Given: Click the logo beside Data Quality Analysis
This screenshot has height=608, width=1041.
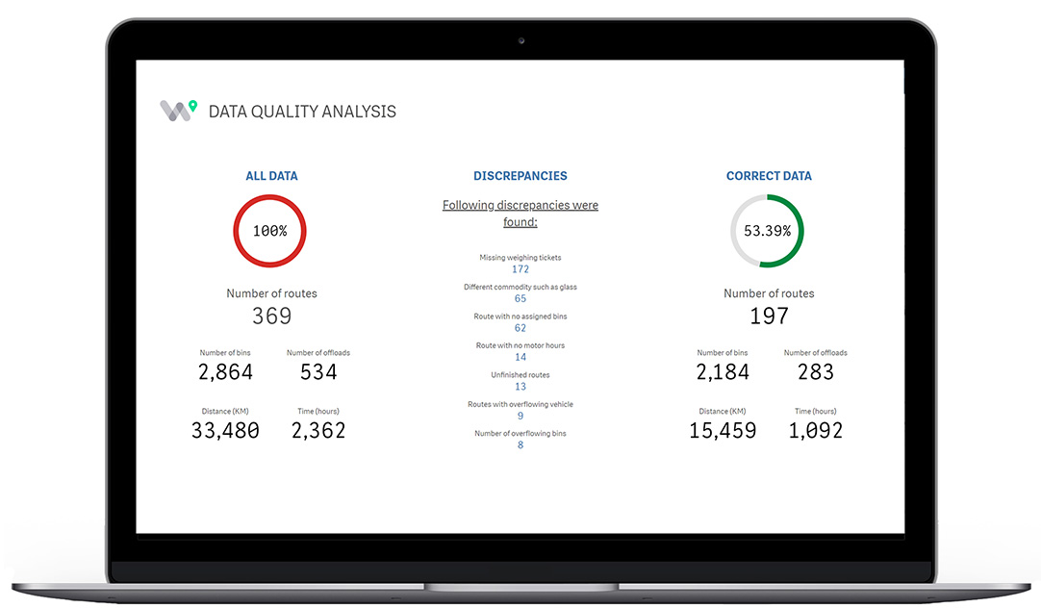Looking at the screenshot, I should pos(178,110).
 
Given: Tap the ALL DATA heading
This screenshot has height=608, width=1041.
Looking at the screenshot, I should pos(271,176).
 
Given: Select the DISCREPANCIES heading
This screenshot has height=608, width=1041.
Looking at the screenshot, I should pos(520,176).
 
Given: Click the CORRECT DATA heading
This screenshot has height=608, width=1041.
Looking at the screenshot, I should pos(769,176).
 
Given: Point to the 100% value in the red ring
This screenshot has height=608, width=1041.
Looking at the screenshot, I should pos(269,231).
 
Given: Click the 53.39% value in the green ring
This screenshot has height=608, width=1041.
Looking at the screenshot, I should pos(767,231).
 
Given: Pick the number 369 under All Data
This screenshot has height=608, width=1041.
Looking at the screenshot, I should pos(271,316).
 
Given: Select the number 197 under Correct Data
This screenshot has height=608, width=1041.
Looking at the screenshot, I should pos(769,316).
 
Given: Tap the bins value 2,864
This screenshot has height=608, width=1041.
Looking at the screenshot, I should pos(226,372).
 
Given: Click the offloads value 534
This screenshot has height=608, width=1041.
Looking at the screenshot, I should pos(318,372).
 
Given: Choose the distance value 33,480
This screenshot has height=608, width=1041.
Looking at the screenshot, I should pos(225,431).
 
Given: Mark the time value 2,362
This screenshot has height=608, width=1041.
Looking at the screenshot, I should pos(318,431).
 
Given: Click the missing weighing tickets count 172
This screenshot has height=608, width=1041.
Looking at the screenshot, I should pos(520,269).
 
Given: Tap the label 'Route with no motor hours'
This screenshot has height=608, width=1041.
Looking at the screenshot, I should pos(520,345).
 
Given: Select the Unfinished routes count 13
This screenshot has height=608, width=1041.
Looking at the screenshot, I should pos(520,387).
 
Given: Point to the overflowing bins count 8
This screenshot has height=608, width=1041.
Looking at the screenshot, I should pos(520,444).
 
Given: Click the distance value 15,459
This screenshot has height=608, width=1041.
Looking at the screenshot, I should pos(723,431).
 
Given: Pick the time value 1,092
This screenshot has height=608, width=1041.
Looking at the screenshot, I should pos(816,431).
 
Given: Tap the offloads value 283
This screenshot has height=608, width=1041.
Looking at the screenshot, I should pos(816,372).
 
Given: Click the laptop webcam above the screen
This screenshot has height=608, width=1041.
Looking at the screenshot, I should pos(520,40).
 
